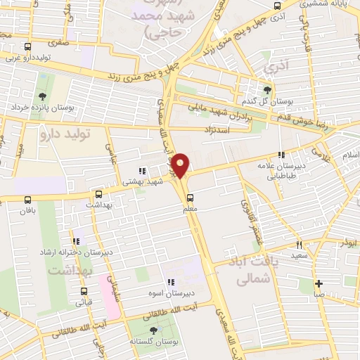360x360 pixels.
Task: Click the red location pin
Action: [x=181, y=165]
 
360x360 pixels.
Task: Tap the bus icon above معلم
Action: [x=189, y=197]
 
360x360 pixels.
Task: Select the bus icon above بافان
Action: [x=27, y=200]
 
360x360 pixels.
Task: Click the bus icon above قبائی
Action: [x=84, y=292]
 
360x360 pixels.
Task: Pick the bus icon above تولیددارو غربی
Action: [x=27, y=48]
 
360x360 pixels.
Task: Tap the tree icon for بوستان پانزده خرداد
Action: [x=44, y=97]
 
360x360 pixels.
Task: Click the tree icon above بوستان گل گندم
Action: [x=266, y=89]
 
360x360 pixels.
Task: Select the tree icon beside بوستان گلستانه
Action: [x=153, y=330]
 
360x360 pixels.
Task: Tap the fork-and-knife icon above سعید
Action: [x=299, y=245]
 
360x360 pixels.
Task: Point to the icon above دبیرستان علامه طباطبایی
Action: [x=281, y=155]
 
